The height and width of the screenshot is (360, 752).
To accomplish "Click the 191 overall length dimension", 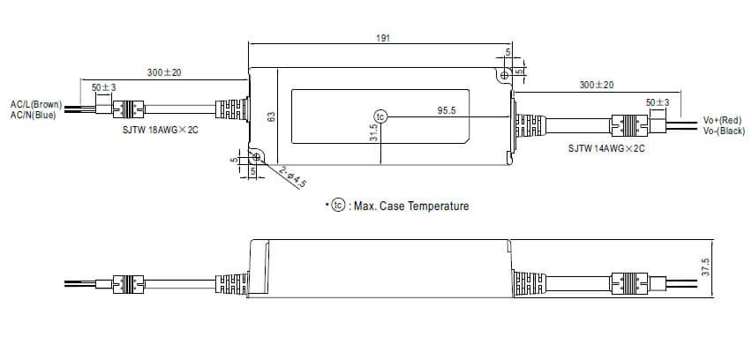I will tap(383, 39).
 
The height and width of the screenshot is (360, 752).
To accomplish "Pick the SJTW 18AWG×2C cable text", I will tap(162, 130).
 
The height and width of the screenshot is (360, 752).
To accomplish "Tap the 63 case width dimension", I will tap(272, 116).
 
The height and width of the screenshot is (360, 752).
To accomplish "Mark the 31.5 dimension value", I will tap(373, 133).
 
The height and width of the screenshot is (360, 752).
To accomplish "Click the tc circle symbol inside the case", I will tap(380, 116).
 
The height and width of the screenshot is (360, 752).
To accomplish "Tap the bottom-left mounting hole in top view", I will tap(257, 157).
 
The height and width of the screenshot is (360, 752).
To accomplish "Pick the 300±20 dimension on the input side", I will tap(164, 72).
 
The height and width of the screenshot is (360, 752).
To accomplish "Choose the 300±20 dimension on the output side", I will tap(597, 85).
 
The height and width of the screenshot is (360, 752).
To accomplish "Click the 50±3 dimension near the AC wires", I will tap(104, 87).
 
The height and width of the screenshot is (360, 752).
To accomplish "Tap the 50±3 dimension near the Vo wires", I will tap(658, 102).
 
